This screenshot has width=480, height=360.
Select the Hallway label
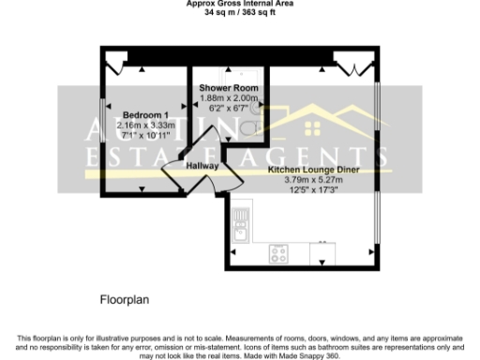tap(202, 166)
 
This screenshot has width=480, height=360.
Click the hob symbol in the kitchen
tap(279, 252)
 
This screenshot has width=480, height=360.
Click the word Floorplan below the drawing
tap(125, 301)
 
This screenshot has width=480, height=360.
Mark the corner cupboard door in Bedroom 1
tap(116, 64)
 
